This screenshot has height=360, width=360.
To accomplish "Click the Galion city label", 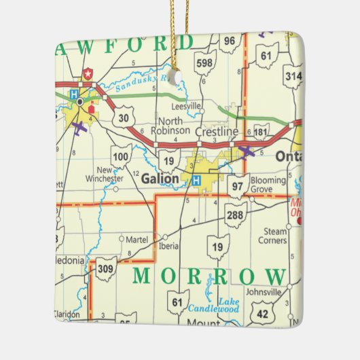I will (x=161, y=179).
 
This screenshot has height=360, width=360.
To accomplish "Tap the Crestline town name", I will (x=217, y=131).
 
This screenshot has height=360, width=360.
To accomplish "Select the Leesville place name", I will (x=187, y=107).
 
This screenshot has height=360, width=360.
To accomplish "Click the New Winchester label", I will (x=104, y=175).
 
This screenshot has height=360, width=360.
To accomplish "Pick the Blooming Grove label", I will (x=268, y=185).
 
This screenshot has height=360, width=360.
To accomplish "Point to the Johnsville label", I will (x=264, y=292).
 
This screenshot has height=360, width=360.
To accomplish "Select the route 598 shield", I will (x=204, y=62).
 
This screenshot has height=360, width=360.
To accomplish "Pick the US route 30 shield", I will (x=122, y=118).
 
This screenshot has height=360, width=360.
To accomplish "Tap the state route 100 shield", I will (x=121, y=156).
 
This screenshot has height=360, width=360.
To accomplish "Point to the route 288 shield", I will (x=234, y=215).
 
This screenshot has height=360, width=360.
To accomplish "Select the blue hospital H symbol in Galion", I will (x=196, y=181).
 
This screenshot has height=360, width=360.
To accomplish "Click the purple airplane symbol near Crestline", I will (x=247, y=151).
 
